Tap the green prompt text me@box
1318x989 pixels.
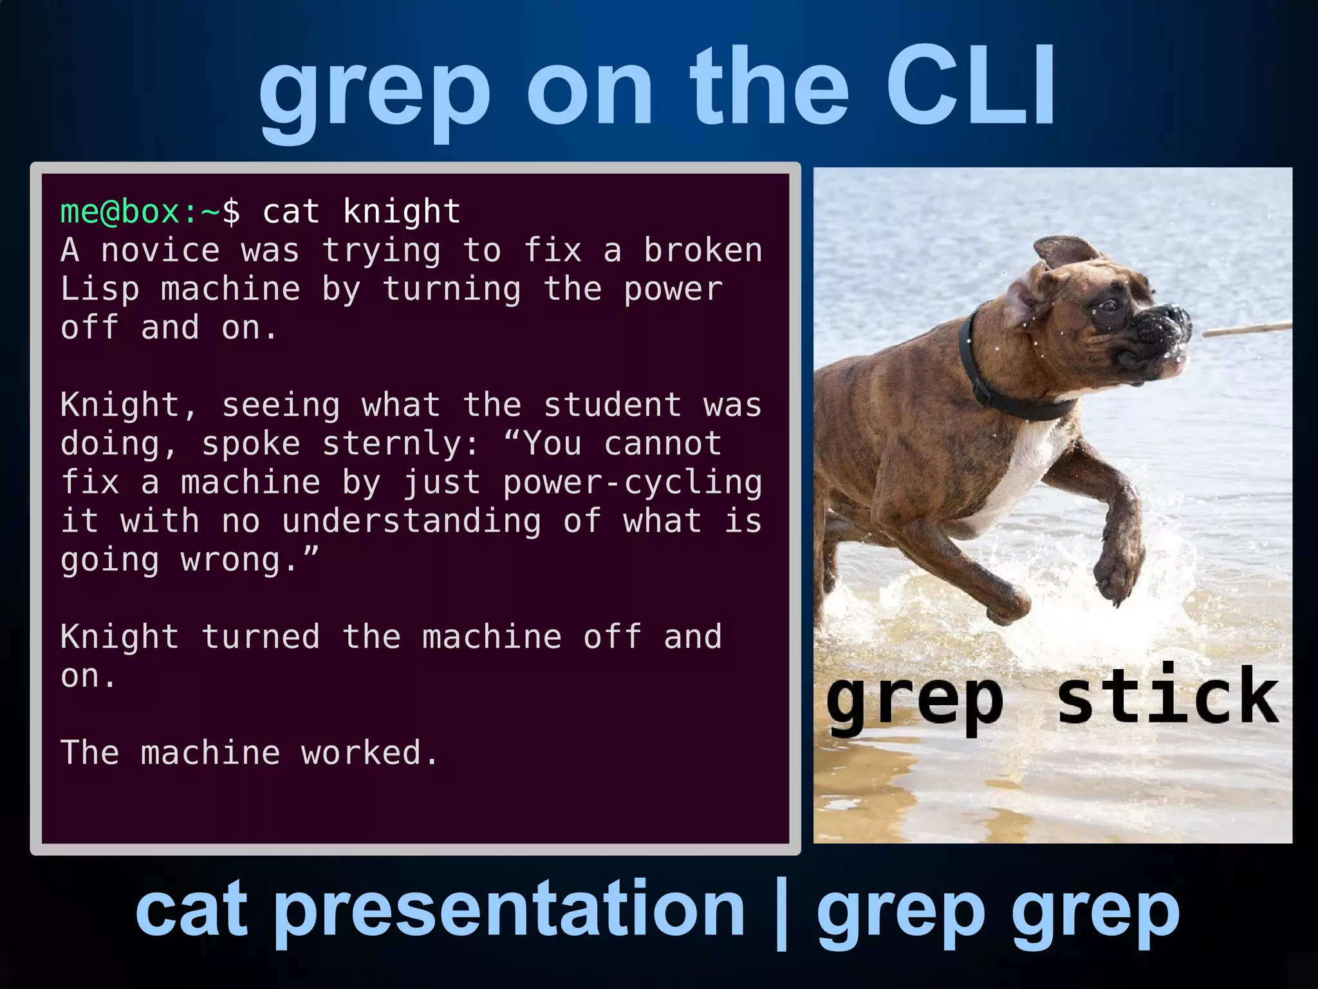click(x=120, y=212)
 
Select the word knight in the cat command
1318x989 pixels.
click(x=402, y=211)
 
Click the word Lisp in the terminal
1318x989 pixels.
click(x=100, y=290)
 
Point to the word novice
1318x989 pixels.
click(x=160, y=250)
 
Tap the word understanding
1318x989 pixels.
click(x=412, y=521)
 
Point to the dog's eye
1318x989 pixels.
click(x=1108, y=304)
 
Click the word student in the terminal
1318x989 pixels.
click(x=612, y=405)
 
